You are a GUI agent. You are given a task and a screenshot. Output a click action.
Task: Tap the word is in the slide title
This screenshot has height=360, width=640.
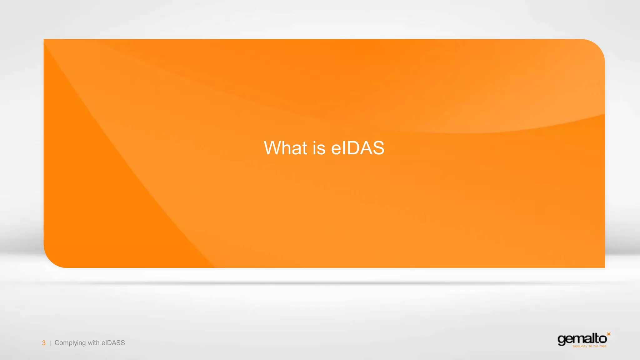[319, 148]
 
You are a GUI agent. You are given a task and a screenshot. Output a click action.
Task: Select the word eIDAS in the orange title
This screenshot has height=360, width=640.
[357, 148]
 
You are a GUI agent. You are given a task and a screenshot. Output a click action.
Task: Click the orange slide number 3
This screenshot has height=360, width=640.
[44, 343]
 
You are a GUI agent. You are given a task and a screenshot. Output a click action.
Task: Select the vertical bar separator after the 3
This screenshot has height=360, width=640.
[50, 343]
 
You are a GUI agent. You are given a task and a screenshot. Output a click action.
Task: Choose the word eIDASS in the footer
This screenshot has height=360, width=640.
[113, 343]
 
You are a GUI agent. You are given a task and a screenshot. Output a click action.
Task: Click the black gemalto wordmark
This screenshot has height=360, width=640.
[582, 339]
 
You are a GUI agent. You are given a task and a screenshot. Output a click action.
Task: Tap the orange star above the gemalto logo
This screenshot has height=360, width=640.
[608, 334]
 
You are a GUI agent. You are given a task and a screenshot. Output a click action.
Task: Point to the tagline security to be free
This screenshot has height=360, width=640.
[589, 346]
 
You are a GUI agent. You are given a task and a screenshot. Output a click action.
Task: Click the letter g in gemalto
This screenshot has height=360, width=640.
[561, 340]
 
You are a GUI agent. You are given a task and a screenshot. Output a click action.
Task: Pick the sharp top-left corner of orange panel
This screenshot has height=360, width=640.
[44, 40]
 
